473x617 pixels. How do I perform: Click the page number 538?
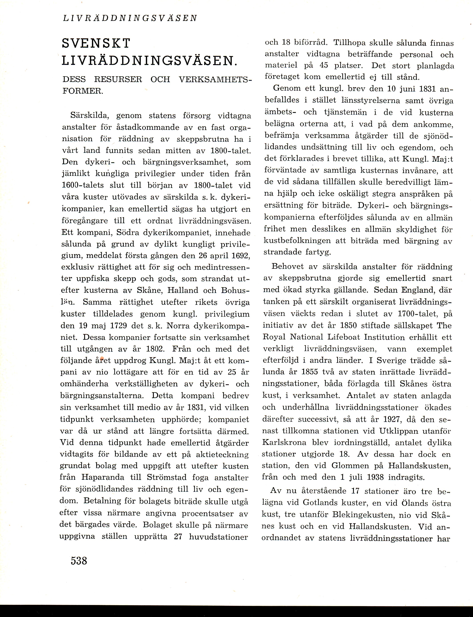coord(79,561)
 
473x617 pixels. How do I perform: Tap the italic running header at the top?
coord(130,18)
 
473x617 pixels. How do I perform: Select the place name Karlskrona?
coord(284,442)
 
